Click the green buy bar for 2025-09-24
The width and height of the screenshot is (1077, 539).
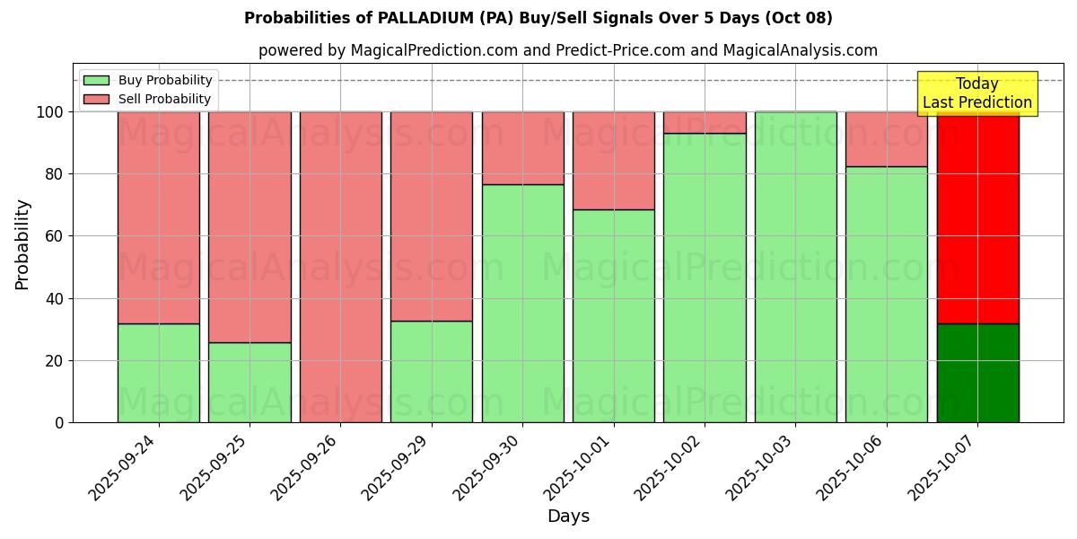click(x=159, y=373)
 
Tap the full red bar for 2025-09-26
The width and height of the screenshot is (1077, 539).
click(x=340, y=267)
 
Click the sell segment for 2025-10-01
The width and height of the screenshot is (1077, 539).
click(x=614, y=160)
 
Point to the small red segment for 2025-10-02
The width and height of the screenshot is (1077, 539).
click(x=705, y=122)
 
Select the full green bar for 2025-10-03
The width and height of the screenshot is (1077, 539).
click(x=795, y=267)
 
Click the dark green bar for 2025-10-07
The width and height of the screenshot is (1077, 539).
click(x=977, y=373)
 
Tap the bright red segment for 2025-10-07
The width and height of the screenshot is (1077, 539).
click(x=977, y=220)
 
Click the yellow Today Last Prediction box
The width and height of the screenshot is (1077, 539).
click(x=977, y=93)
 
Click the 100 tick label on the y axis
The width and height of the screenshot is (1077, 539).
click(x=50, y=112)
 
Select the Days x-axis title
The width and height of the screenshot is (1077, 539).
click(x=568, y=517)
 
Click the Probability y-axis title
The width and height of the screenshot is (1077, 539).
click(x=22, y=244)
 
